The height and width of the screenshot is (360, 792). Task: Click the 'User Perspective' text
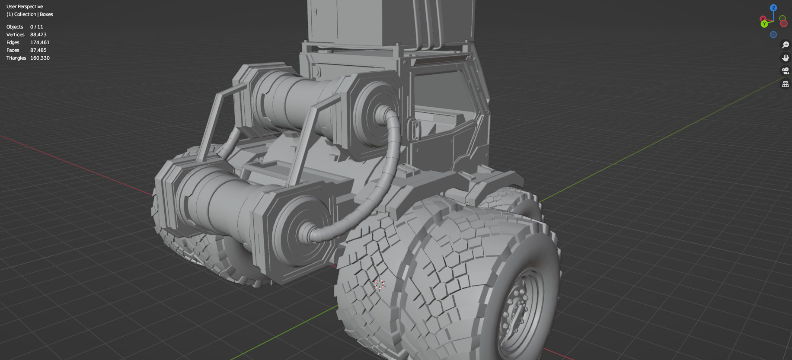(25, 6)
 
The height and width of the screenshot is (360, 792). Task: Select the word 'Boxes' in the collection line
(46, 14)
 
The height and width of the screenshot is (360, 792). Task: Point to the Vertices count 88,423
(38, 35)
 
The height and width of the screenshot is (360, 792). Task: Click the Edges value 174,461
(40, 42)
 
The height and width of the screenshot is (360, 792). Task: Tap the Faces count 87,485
(38, 50)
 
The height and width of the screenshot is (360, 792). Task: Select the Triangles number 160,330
(40, 58)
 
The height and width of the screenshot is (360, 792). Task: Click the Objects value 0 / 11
(36, 27)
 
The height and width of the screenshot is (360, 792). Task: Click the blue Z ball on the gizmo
(773, 8)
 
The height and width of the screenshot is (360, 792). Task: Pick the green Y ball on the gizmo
(764, 24)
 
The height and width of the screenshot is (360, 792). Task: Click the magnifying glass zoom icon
(786, 45)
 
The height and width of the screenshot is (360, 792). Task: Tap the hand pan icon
(786, 58)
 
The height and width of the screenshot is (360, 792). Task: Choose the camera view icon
(786, 71)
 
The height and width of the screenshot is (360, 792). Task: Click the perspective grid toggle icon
(786, 84)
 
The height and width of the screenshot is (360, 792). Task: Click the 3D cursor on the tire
(379, 284)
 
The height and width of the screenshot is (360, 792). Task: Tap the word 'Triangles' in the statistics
(16, 58)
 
